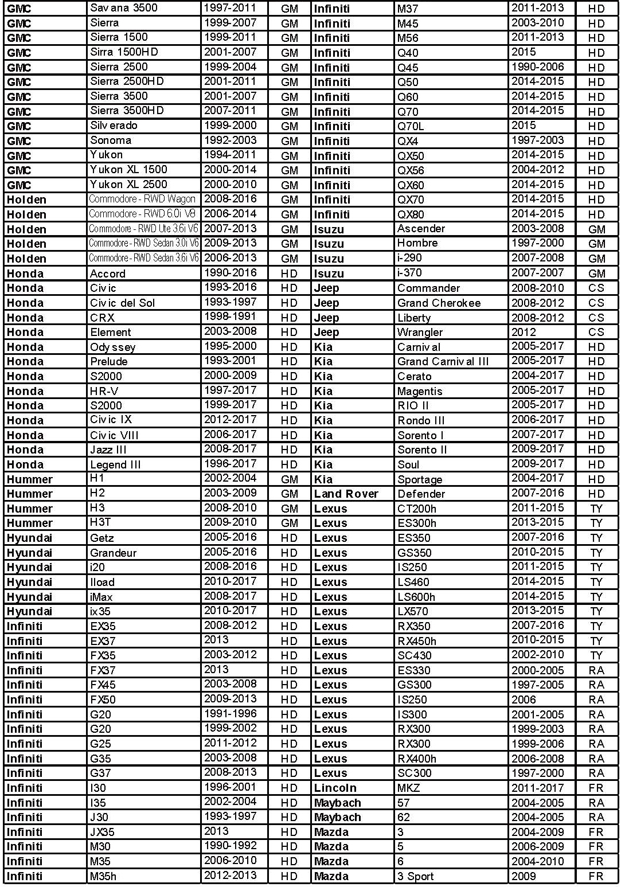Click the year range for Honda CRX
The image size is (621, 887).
[230, 317]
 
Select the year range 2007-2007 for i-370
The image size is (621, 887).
[538, 273]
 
